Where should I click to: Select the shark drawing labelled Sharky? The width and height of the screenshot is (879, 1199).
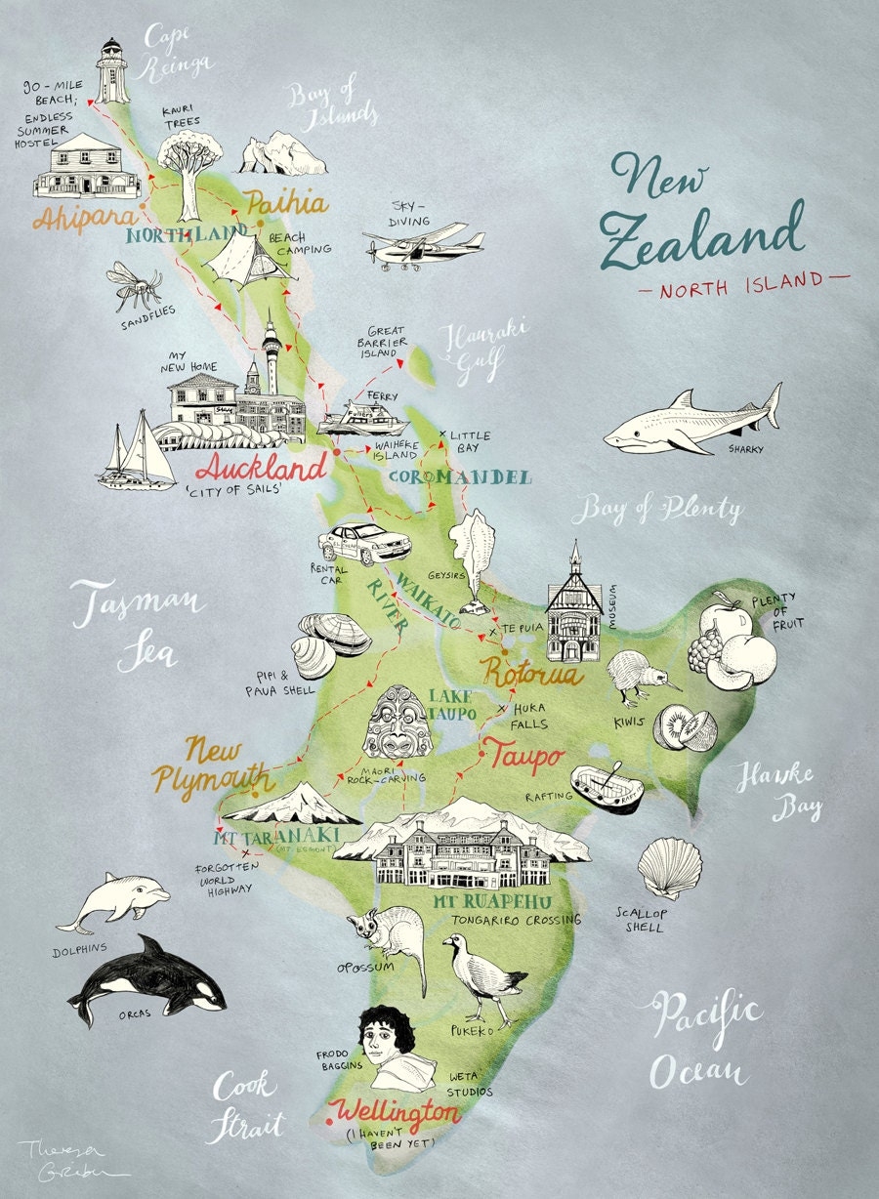pos(693,421)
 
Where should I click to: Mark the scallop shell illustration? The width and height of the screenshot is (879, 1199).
pos(669,867)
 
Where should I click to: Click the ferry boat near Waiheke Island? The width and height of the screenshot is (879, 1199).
pos(362,419)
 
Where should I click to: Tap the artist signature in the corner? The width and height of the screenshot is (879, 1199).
pos(59,1159)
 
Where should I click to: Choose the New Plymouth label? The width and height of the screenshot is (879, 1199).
pos(214,765)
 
